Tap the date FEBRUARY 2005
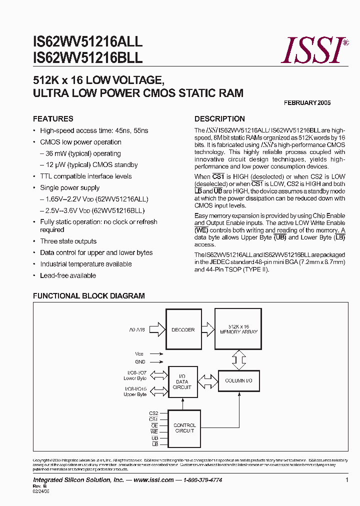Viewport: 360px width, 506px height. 307,103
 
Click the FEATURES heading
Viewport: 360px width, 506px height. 53,119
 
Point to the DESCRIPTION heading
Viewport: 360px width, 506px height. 219,119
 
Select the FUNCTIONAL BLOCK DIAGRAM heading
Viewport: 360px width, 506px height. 88,296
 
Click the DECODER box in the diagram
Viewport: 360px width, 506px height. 182,329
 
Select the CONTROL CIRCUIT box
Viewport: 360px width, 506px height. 184,428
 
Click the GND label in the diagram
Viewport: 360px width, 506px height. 140,361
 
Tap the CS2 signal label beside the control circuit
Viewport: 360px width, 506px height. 153,413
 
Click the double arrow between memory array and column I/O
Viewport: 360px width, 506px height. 238,358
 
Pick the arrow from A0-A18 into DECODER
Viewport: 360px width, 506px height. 156,329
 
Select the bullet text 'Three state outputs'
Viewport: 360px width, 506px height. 68,241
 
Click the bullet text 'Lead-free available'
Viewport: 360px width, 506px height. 68,275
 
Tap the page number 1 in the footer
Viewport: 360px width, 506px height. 346,480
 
